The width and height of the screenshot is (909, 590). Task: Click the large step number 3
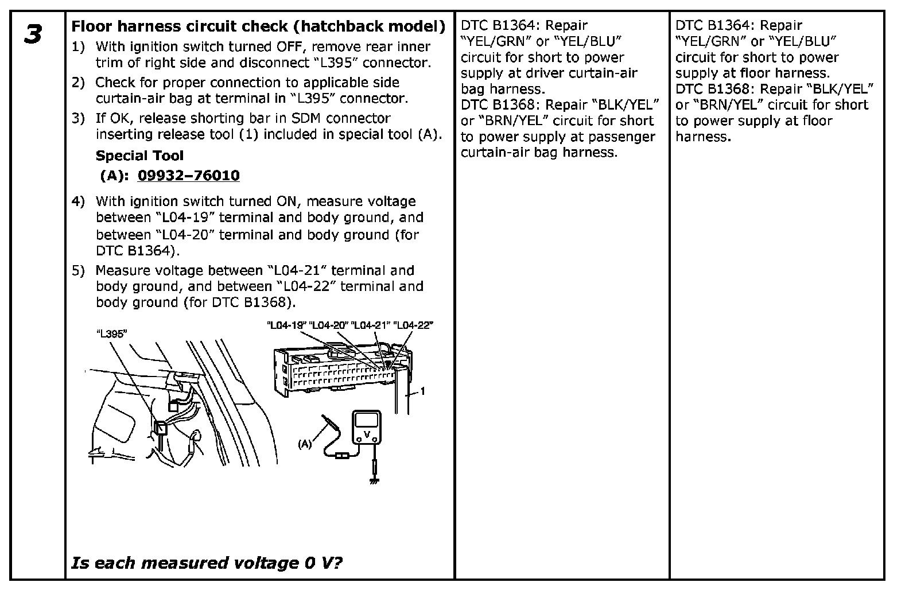click(33, 34)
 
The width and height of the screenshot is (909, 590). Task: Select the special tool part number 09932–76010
click(188, 176)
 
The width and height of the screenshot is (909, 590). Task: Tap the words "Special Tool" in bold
click(139, 156)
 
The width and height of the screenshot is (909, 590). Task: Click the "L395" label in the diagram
click(111, 333)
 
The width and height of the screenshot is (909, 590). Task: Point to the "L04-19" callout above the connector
click(287, 325)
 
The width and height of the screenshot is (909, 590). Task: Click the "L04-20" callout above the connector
click(329, 325)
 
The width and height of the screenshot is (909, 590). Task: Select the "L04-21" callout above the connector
click(371, 325)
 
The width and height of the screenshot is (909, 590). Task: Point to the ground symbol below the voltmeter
click(374, 480)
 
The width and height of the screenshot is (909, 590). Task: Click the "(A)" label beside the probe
click(305, 444)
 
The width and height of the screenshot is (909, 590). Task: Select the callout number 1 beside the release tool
click(423, 391)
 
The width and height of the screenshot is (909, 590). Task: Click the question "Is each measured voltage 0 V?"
click(207, 563)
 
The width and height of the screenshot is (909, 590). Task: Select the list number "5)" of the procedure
click(78, 270)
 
